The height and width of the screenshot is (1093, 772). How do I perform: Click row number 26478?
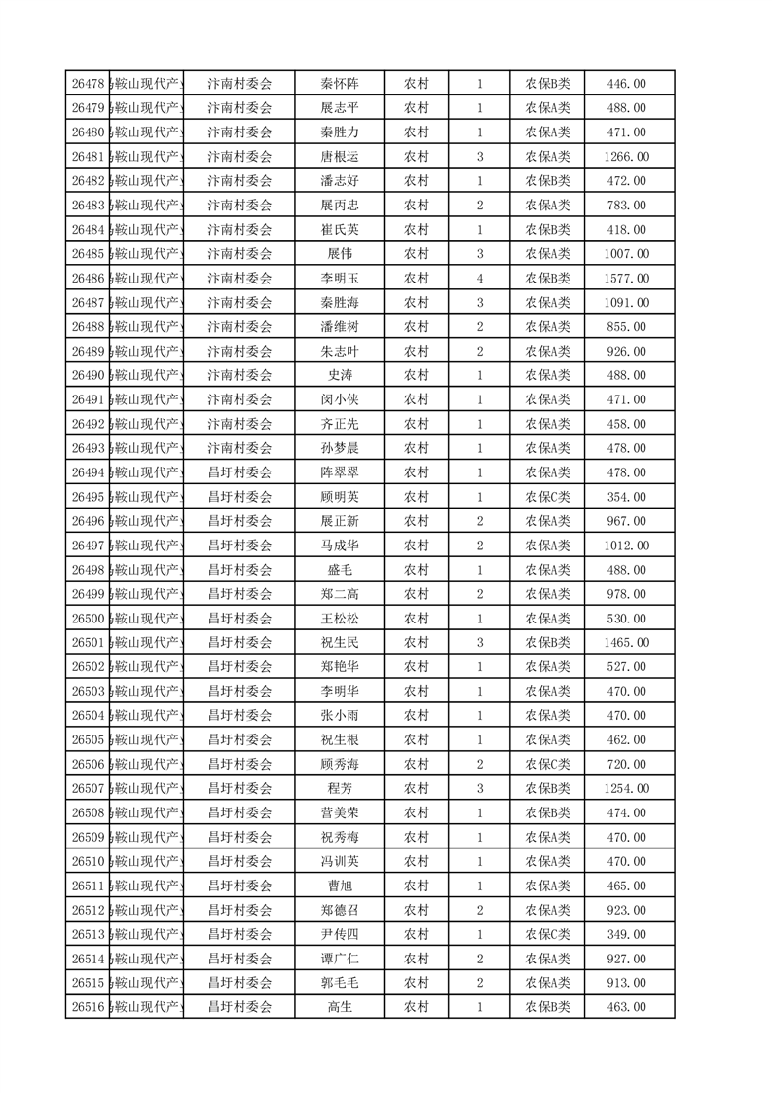point(89,84)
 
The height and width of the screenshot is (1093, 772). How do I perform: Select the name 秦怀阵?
point(340,84)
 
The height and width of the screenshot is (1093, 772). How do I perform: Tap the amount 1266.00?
point(626,157)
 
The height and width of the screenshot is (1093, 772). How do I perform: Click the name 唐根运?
point(340,157)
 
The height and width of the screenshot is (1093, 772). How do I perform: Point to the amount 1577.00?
point(626,279)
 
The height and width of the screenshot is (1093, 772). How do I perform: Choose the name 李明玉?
point(340,279)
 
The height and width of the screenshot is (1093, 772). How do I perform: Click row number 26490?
point(89,376)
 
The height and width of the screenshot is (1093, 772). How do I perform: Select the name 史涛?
point(340,376)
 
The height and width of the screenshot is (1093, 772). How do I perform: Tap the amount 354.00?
point(626,497)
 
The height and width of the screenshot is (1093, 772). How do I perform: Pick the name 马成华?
point(340,546)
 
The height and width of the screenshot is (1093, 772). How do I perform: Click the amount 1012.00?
point(626,546)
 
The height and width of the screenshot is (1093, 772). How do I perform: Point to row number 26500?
point(89,619)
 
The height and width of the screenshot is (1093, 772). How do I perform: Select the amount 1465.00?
point(626,643)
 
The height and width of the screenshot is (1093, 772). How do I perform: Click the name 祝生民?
point(340,643)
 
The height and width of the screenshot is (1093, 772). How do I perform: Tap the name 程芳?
point(340,788)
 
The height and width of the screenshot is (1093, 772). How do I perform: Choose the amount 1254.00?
point(626,788)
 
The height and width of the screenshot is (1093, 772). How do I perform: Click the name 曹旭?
point(340,886)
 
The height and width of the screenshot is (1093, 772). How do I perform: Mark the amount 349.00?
point(626,934)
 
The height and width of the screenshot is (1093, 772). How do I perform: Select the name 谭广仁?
point(340,959)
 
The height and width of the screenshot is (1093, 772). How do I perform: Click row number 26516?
point(89,1007)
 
